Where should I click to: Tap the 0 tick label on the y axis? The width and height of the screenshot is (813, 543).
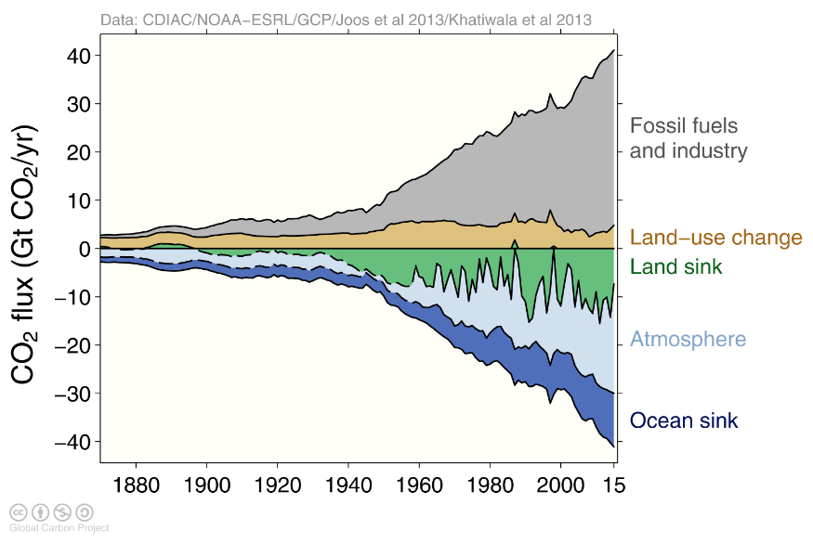coord(84,249)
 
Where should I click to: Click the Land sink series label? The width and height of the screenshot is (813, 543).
coord(675,267)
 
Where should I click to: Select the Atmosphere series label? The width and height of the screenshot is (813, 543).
coord(688,339)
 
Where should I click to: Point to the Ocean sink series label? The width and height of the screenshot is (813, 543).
coord(684,420)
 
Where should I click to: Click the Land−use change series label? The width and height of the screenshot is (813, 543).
coord(715,238)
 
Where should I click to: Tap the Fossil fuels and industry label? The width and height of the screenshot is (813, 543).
coord(688,137)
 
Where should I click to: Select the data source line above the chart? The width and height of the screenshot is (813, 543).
coord(345,19)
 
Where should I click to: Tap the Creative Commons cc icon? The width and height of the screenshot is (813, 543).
coord(18,511)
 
